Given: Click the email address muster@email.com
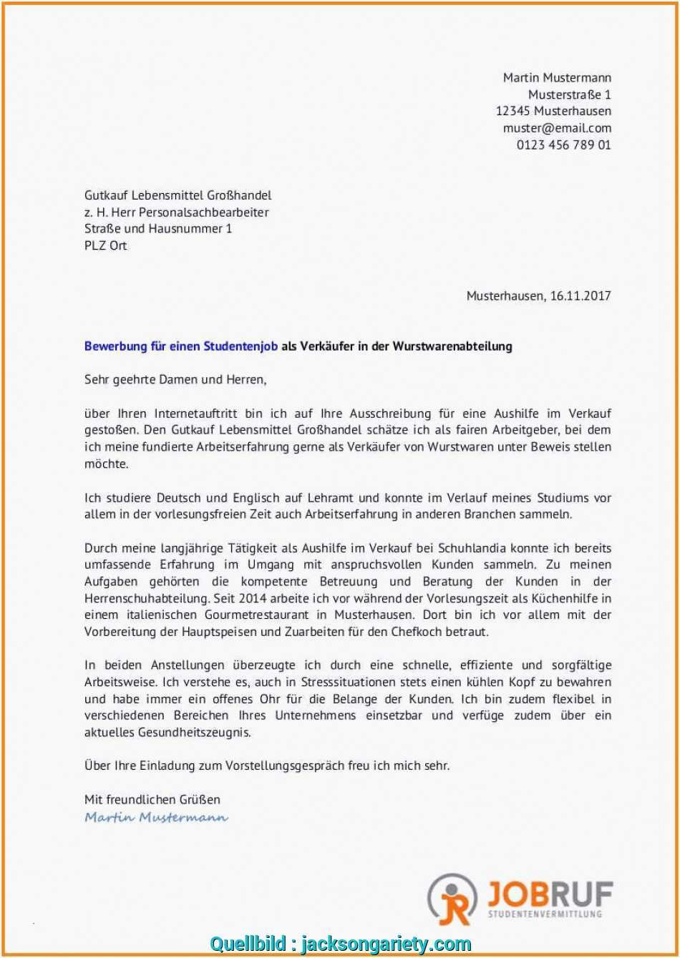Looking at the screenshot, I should [x=557, y=128].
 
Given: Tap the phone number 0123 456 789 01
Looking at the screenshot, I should [x=563, y=145].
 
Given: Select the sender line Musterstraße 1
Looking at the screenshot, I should [x=569, y=94].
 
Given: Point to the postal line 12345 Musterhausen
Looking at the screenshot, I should [x=553, y=111].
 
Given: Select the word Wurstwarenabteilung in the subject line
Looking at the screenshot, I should [x=452, y=346].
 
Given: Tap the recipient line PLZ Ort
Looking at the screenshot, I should [x=106, y=245].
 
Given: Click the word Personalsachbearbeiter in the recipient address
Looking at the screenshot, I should [x=204, y=212].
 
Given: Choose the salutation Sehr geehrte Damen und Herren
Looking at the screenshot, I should [x=175, y=380].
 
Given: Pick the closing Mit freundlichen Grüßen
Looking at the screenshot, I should [x=152, y=799].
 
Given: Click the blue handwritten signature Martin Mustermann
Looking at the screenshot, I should [x=156, y=817].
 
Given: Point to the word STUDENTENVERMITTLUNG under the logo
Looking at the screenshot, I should [x=545, y=914].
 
